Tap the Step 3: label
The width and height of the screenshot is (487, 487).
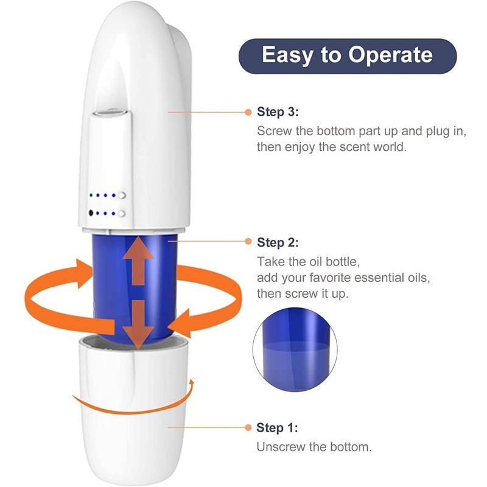click(x=278, y=113)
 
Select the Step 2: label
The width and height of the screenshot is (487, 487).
click(x=278, y=242)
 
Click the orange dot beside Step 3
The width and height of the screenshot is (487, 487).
click(x=248, y=113)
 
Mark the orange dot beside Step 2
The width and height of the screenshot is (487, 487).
click(x=248, y=242)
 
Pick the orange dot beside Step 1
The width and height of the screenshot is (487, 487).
click(x=248, y=427)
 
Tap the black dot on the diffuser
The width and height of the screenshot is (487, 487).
click(x=91, y=214)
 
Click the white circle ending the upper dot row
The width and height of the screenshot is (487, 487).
click(x=122, y=196)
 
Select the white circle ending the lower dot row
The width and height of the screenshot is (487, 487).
click(x=122, y=214)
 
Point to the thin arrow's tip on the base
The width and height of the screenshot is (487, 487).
click(x=192, y=382)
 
